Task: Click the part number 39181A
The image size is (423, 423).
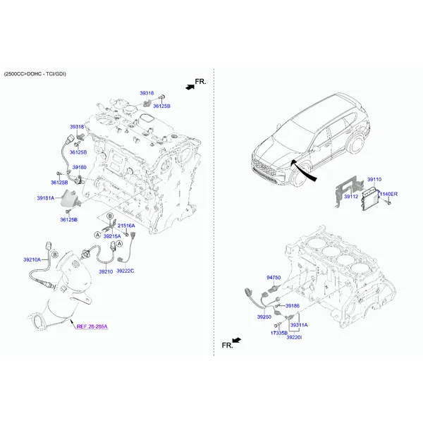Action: coord(46,198)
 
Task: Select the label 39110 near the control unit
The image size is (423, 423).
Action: coord(374,179)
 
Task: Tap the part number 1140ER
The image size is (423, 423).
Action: coord(388,194)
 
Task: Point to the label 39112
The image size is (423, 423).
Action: coord(351,197)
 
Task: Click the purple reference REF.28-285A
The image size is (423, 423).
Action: coord(92,326)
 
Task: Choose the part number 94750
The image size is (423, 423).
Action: coord(274,278)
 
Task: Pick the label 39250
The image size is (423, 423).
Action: coord(264,317)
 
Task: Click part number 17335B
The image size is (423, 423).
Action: coord(279,333)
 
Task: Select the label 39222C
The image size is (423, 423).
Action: coord(125,271)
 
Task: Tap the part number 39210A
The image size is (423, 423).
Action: coord(32,259)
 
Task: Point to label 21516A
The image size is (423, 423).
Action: coord(126,226)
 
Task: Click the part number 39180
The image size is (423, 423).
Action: coord(79,167)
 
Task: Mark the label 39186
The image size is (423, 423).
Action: coord(293,306)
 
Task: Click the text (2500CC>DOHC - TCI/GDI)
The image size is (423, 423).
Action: coord(35,74)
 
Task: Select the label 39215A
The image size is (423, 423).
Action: coord(112,236)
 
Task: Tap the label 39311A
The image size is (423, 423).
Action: coord(299,325)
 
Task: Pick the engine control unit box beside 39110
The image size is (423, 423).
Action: coord(370,199)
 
